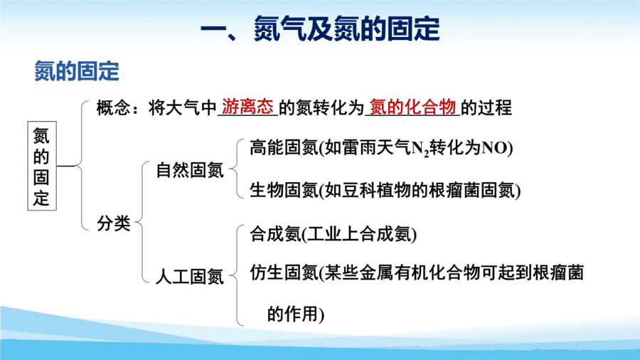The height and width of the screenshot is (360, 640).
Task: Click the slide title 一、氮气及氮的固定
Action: [320, 28]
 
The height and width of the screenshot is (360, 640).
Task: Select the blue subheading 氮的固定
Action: [77, 71]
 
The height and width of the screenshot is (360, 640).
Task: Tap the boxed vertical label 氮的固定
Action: [42, 166]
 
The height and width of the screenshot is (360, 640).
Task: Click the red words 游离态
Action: [247, 107]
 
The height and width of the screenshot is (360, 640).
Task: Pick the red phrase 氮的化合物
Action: [412, 107]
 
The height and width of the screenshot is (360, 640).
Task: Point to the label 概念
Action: [114, 108]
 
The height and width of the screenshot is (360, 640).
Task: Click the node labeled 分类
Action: [114, 223]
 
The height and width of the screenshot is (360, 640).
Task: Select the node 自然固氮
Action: [190, 170]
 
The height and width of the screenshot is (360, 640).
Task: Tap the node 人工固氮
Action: [190, 277]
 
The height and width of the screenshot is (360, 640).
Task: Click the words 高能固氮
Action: [284, 147]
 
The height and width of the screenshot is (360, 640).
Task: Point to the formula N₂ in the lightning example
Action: [420, 149]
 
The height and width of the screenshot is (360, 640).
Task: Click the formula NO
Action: [494, 148]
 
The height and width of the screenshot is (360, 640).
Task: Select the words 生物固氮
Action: [284, 190]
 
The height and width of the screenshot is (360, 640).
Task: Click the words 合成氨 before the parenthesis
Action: [275, 234]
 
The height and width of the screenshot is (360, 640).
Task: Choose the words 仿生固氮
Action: [284, 272]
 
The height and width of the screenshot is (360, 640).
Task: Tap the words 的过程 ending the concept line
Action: [486, 107]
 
